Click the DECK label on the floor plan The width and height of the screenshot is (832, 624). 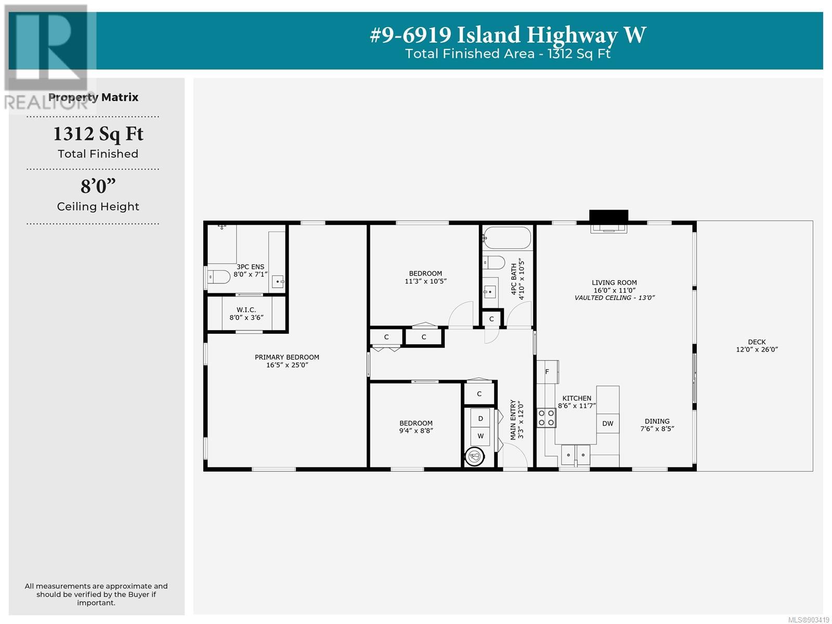[757, 342]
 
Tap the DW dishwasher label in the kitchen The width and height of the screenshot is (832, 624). [607, 424]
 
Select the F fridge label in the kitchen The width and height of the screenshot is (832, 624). [547, 372]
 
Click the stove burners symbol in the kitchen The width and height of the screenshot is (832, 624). [546, 418]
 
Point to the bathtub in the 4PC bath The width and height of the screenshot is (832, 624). [508, 238]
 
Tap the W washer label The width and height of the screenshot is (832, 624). [480, 436]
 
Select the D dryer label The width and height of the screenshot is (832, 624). [480, 419]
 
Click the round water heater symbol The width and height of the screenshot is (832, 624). [475, 456]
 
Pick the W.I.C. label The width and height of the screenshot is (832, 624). [246, 310]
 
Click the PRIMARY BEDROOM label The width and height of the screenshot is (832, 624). [287, 357]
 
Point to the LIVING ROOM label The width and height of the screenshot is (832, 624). [614, 283]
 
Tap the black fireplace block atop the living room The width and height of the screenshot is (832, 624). [608, 216]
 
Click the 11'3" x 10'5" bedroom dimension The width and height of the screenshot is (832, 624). [426, 281]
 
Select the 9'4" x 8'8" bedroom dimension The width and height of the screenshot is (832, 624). [416, 431]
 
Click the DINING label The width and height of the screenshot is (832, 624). [657, 421]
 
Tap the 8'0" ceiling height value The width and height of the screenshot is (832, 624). [98, 186]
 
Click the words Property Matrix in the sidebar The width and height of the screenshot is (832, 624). [93, 97]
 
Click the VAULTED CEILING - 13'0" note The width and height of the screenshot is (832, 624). [615, 298]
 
